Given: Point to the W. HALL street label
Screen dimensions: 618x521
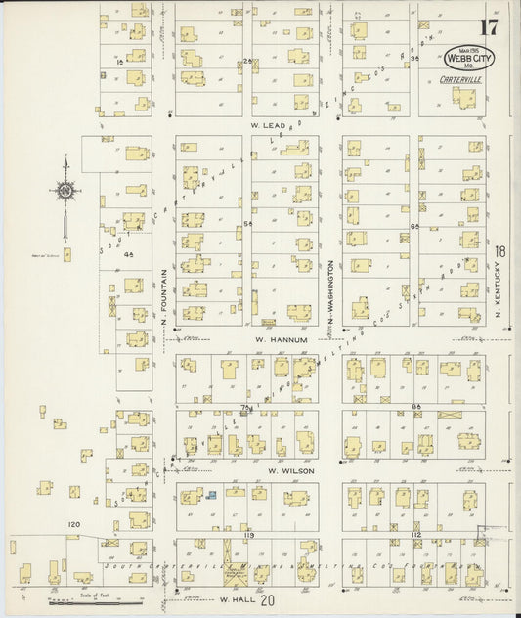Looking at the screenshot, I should click(239, 598).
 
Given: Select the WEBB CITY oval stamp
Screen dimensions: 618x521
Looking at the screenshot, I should click(471, 58).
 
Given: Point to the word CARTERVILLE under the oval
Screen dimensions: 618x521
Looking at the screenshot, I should click(458, 77).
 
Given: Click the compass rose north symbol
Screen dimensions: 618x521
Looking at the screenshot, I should click(65, 192).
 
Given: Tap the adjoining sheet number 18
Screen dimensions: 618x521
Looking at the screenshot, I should click(499, 251).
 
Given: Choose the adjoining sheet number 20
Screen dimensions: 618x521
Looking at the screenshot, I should click(268, 600).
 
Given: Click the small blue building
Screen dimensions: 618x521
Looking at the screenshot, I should click(210, 495).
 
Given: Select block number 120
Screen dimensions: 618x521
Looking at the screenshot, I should click(73, 525).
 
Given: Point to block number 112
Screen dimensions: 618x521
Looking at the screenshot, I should click(415, 536).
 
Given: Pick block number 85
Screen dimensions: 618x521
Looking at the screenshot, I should click(415, 406).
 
